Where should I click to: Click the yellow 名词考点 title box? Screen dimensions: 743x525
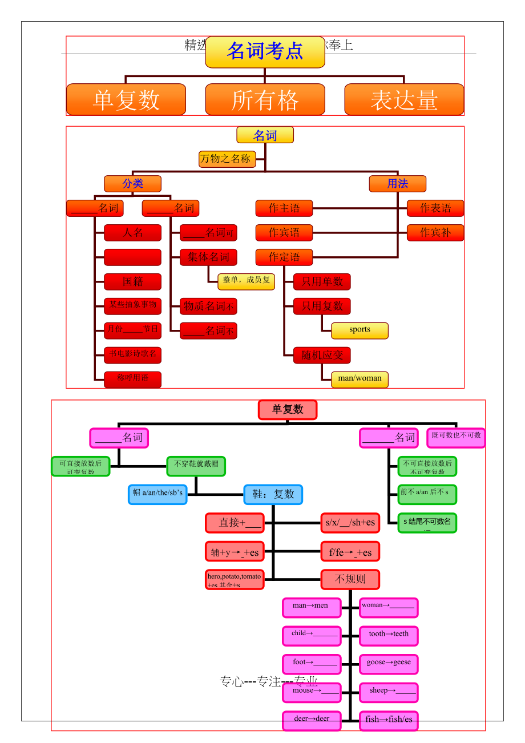click(265, 52)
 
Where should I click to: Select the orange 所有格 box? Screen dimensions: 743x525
click(265, 100)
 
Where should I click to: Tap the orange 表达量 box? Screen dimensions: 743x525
click(404, 100)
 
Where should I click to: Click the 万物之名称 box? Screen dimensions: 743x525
click(227, 159)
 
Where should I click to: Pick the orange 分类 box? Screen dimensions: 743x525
click(132, 184)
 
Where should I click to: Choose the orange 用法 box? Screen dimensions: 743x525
click(397, 184)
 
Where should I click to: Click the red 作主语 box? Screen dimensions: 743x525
click(284, 208)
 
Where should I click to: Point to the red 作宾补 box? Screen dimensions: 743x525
click(435, 233)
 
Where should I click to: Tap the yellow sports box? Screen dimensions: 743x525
click(360, 330)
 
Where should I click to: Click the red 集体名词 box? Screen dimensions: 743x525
click(208, 257)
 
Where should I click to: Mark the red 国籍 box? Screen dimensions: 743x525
click(132, 282)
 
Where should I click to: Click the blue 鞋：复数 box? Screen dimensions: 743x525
click(273, 494)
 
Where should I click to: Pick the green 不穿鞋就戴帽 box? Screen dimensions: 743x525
click(196, 466)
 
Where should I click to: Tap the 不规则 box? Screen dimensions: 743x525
click(350, 579)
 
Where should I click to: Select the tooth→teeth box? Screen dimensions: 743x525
click(389, 635)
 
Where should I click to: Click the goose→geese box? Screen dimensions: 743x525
click(389, 664)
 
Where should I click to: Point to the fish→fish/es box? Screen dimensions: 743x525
click(389, 720)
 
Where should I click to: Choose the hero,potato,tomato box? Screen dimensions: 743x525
click(235, 579)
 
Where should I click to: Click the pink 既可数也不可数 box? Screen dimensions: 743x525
click(456, 438)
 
